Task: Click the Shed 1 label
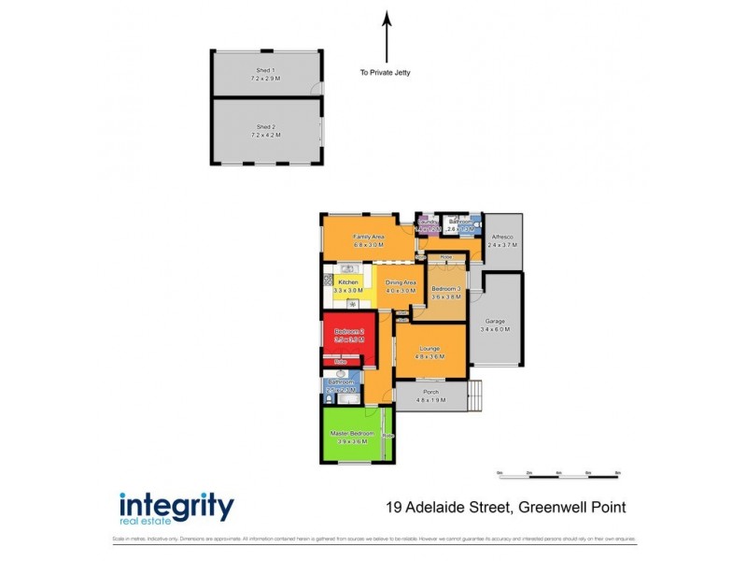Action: click(x=265, y=75)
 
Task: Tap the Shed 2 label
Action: click(x=265, y=131)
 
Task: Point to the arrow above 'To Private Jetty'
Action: click(x=386, y=37)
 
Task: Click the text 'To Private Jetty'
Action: click(x=386, y=73)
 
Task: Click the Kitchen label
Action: click(x=348, y=286)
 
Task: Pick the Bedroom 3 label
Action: click(x=446, y=291)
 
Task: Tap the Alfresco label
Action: click(x=503, y=242)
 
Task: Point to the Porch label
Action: click(x=430, y=396)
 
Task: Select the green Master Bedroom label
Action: click(x=352, y=436)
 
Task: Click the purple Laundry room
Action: click(x=427, y=225)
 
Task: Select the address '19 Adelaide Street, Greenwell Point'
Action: click(x=505, y=509)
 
